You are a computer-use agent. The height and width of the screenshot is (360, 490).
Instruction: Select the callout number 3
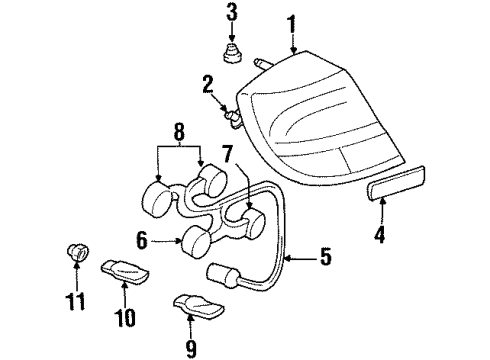pyautogui.click(x=231, y=13)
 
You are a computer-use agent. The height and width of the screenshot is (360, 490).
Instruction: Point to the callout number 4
pyautogui.click(x=379, y=237)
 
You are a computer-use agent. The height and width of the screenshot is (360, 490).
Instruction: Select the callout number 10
pyautogui.click(x=123, y=318)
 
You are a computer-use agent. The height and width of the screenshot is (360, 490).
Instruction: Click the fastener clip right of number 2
pyautogui.click(x=234, y=119)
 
